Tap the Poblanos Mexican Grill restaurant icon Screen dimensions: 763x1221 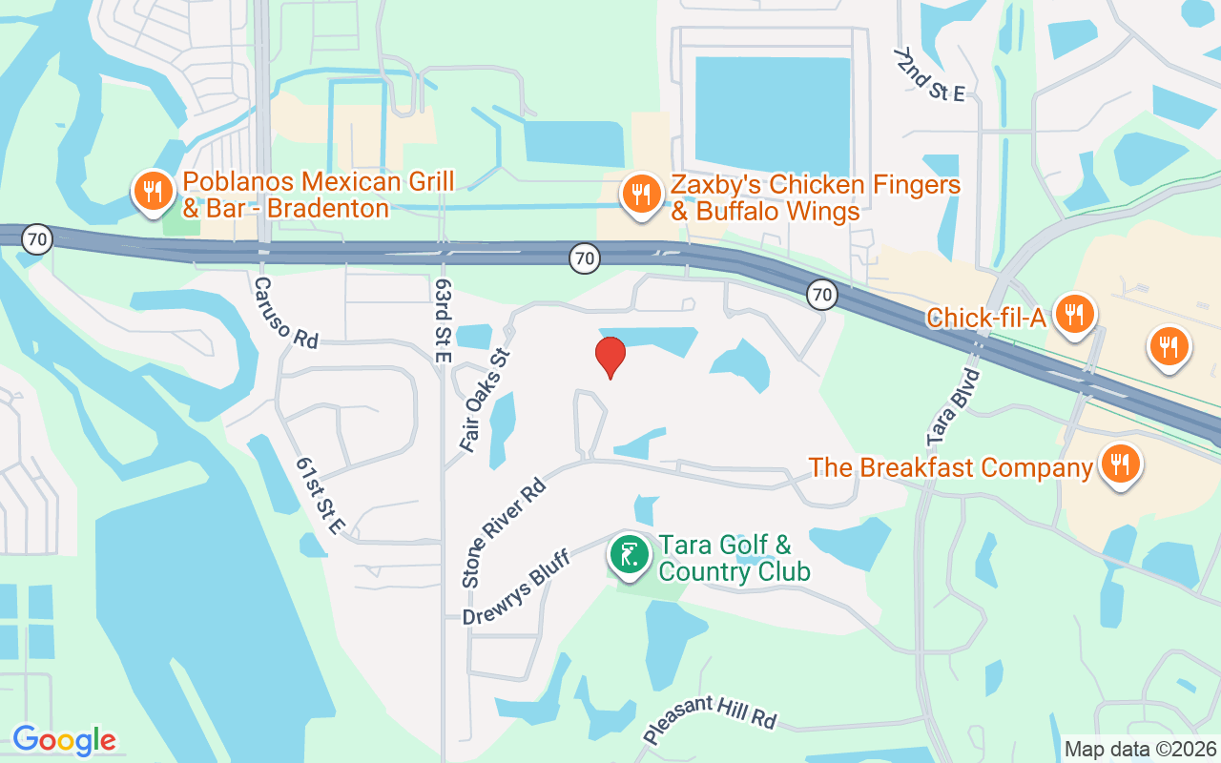[152, 191]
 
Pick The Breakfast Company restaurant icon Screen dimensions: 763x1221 [1120, 464]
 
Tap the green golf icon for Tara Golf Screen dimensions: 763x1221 [630, 554]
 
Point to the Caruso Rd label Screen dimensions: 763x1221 [287, 312]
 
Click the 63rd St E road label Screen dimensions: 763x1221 [442, 320]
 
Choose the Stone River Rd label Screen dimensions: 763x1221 [503, 531]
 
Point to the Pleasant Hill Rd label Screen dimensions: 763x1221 [710, 720]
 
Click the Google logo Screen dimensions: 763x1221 [64, 740]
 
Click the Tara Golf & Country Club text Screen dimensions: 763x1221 [734, 558]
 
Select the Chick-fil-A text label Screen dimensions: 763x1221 [986, 318]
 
